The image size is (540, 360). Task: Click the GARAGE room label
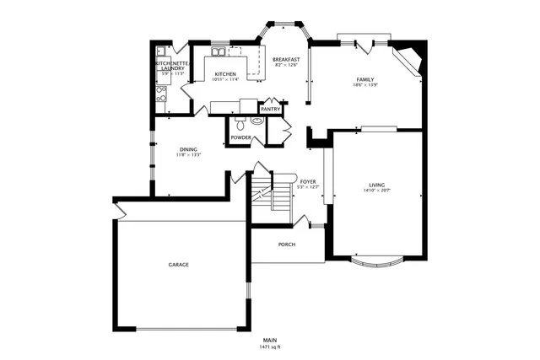point(178,265)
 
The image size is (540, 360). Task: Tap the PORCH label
point(287,244)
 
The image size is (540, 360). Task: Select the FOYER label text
point(307,181)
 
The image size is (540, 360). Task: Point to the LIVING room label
point(376,185)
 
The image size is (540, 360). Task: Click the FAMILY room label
point(364,79)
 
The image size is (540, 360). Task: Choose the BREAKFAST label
point(287,59)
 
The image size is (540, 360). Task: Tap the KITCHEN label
point(224,74)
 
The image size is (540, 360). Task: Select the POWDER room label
point(240,137)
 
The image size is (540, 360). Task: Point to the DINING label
point(188,149)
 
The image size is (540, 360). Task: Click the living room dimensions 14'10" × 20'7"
point(376,191)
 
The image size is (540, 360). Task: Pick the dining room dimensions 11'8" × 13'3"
point(188,155)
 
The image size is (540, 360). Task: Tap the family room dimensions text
point(364,85)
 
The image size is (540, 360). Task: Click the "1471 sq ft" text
point(270,347)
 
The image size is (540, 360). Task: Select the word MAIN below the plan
point(270,341)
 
